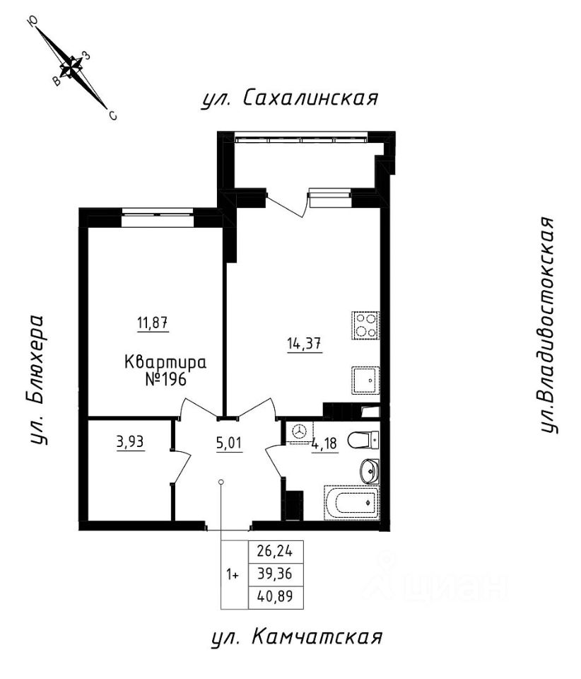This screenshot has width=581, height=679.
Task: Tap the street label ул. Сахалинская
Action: pos(287,98)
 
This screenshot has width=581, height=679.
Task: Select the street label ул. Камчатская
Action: pos(297,637)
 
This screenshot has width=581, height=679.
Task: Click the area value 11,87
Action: pos(153,325)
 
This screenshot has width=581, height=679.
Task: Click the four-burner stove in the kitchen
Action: pos(366,326)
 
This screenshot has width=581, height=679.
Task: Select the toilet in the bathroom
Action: pos(368,439)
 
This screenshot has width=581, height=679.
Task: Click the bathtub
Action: pos(351,503)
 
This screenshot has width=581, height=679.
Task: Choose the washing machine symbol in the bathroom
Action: pos(300,431)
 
